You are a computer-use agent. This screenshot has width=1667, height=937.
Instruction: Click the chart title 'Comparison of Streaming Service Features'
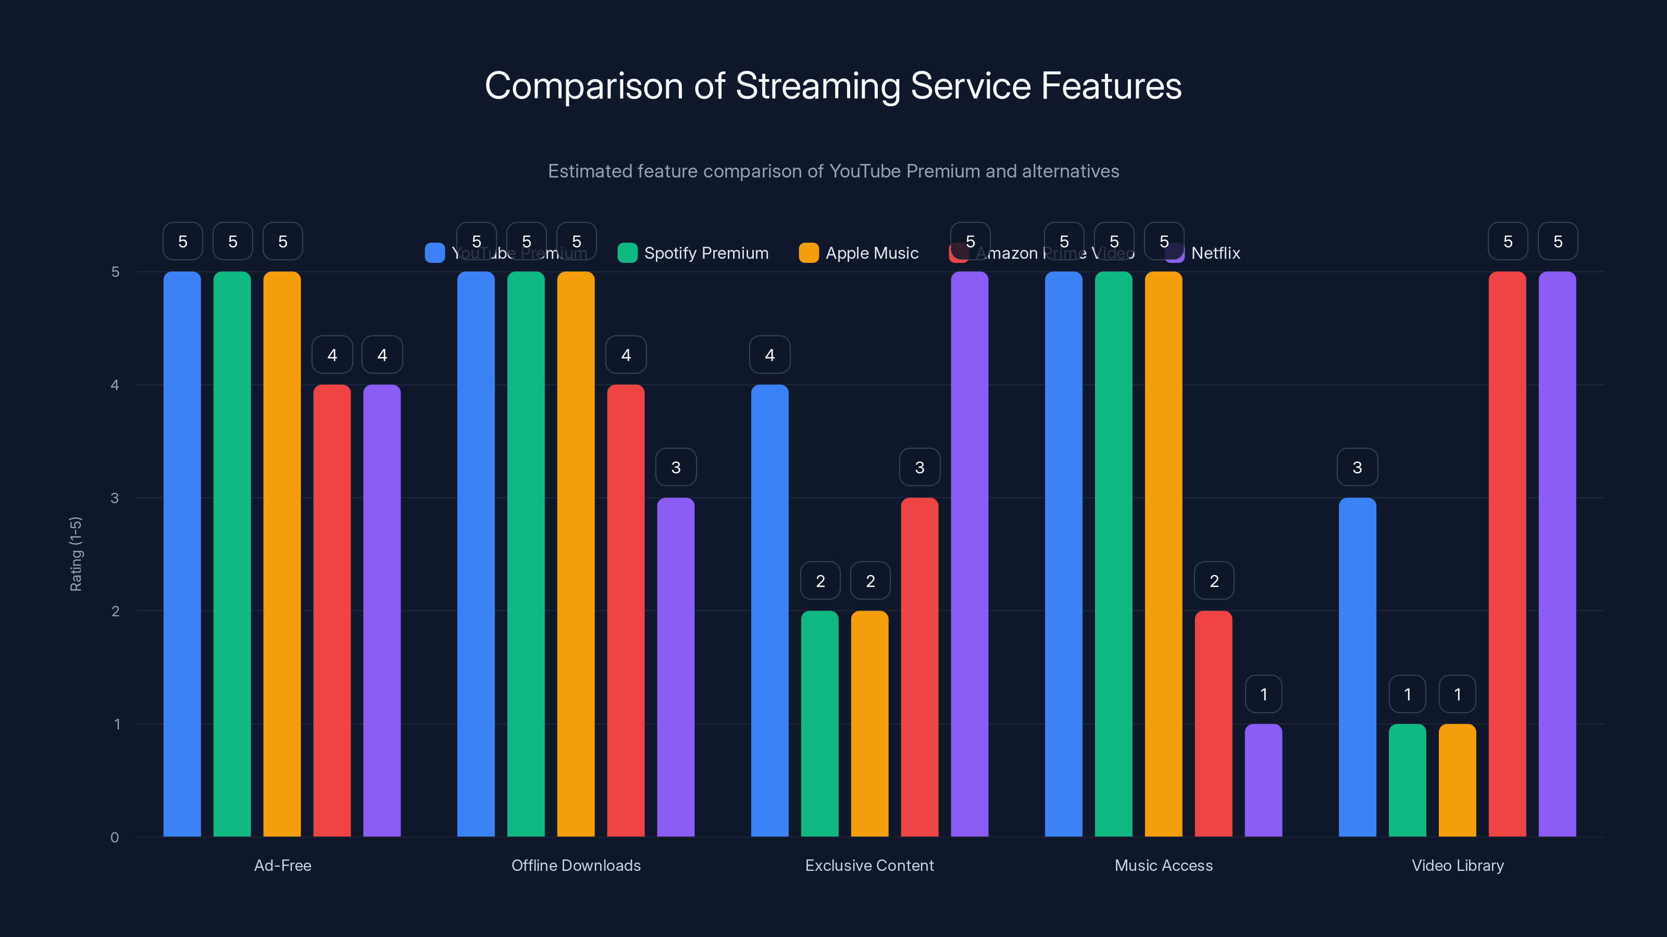(833, 86)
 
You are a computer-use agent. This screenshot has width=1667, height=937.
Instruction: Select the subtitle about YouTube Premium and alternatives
(833, 171)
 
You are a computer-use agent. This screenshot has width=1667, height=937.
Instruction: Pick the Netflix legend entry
(1204, 253)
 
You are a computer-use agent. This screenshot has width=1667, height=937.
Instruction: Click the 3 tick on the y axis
(115, 498)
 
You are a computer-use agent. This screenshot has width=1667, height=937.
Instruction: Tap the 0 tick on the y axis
(115, 838)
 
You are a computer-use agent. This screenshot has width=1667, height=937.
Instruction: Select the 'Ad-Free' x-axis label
(282, 865)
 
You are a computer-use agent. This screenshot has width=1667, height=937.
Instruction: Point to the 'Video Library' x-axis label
(1458, 865)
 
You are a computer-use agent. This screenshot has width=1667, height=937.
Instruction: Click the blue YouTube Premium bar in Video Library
(1357, 667)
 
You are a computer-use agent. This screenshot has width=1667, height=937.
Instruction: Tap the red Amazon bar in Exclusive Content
(919, 667)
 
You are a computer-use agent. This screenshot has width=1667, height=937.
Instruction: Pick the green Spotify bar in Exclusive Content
(819, 724)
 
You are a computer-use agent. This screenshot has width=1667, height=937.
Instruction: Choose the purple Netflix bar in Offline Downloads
(676, 667)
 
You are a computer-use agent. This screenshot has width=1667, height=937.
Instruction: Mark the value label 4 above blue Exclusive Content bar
(769, 354)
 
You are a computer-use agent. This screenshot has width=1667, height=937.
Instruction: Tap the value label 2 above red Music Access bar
(1213, 581)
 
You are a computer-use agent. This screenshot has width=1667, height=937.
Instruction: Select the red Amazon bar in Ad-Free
(332, 611)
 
